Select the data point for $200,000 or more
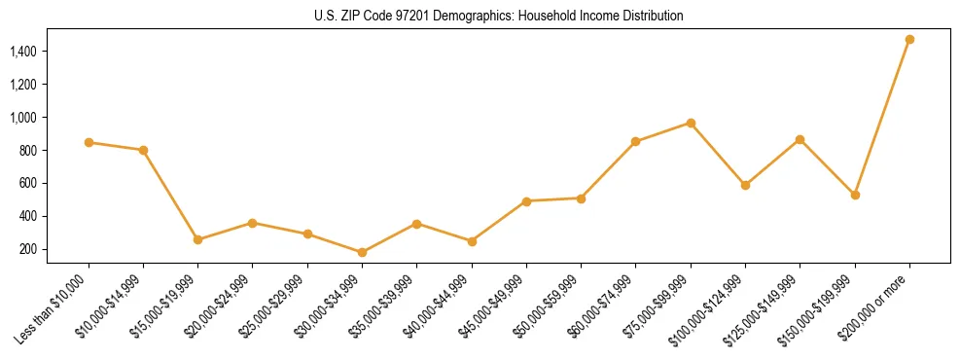(909, 40)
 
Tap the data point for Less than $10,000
(89, 142)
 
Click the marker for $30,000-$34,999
(363, 252)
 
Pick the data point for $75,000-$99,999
(691, 123)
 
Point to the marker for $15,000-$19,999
(198, 239)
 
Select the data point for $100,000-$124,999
(745, 185)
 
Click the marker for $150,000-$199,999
(855, 195)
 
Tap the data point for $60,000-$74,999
(636, 141)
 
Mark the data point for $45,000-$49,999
(526, 201)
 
